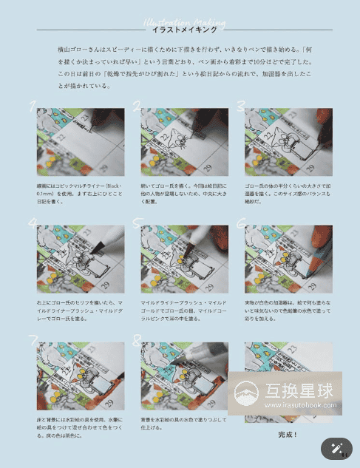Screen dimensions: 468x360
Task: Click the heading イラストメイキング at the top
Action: pyautogui.click(x=184, y=30)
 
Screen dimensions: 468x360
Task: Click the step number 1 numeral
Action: pyautogui.click(x=33, y=106)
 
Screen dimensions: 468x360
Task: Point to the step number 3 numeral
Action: pyautogui.click(x=241, y=106)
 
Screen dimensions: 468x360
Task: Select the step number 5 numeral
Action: pyautogui.click(x=137, y=222)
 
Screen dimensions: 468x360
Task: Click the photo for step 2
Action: pyautogui.click(x=184, y=142)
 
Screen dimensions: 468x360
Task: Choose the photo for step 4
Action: pyautogui.click(x=80, y=258)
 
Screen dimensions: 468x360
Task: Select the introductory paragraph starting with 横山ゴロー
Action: pyautogui.click(x=184, y=65)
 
